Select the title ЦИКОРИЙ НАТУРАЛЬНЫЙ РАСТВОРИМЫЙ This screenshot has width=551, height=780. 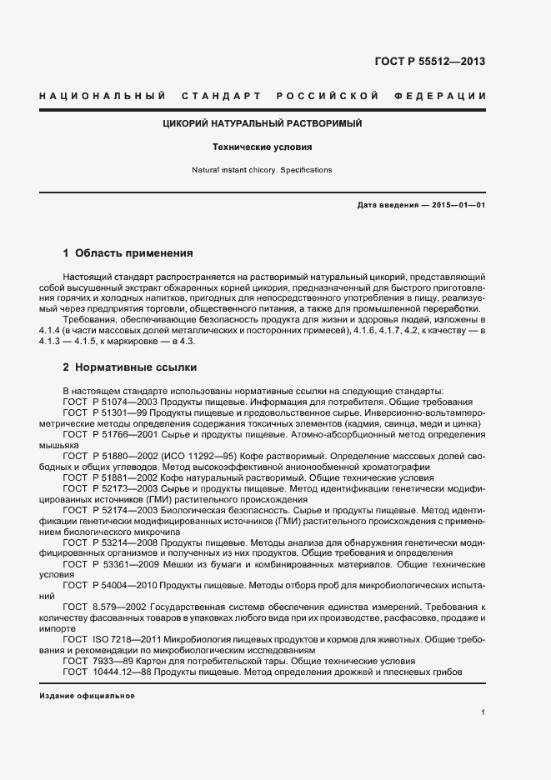point(262,124)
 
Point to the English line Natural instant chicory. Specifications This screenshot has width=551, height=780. point(262,170)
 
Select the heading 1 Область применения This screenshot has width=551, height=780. point(128,252)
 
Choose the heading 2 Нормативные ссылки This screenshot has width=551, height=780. point(129,367)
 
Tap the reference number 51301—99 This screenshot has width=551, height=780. point(124,413)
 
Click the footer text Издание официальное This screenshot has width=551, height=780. point(87,695)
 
